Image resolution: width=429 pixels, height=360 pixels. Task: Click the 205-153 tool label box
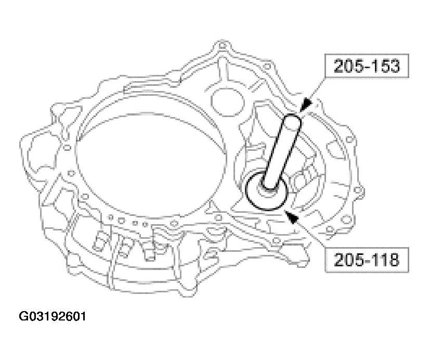pyautogui.click(x=367, y=66)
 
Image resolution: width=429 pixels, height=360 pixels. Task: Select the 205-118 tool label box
pyautogui.click(x=367, y=260)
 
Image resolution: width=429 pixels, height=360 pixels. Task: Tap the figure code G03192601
pyautogui.click(x=52, y=316)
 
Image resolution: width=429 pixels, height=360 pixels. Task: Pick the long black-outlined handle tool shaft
pyautogui.click(x=282, y=152)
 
